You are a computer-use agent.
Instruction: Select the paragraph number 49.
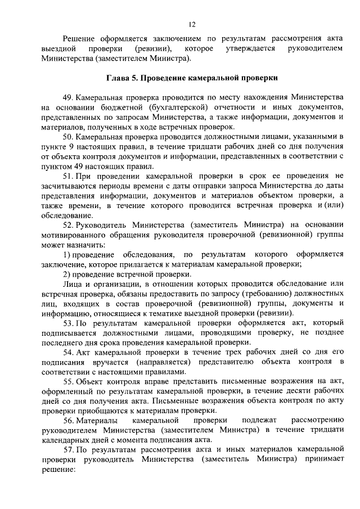point(69,97)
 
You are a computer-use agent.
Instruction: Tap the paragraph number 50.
point(69,137)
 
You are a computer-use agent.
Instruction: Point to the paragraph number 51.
point(69,176)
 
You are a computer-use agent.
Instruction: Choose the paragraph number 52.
point(69,225)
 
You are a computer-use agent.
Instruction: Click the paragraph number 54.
point(69,353)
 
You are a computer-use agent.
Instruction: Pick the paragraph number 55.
point(69,382)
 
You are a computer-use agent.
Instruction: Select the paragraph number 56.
point(69,421)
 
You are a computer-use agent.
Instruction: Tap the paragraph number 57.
point(69,450)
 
